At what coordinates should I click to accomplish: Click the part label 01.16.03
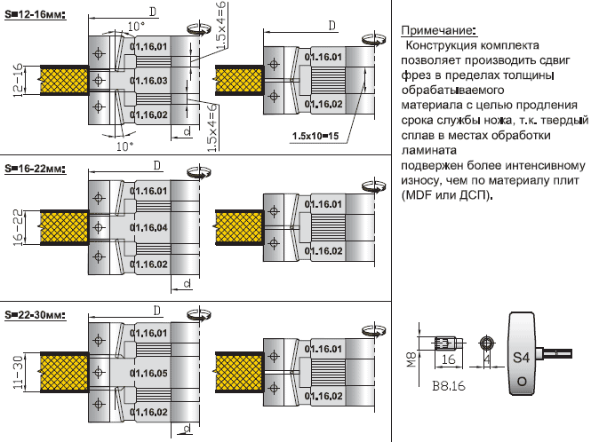(148, 80)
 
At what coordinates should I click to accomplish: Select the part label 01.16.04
(148, 227)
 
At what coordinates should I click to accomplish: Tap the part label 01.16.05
(148, 374)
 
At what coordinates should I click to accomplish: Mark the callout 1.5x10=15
(314, 136)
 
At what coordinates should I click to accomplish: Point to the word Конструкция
(445, 44)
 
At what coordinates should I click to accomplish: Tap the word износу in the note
(421, 179)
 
